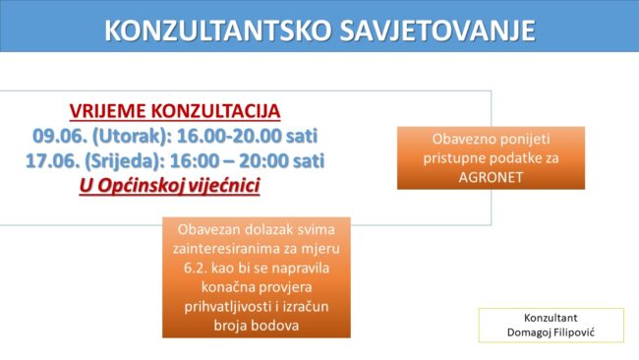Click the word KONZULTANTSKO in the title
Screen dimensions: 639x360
click(217, 30)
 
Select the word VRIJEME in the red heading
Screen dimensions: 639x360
click(107, 111)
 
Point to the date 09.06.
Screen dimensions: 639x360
click(60, 136)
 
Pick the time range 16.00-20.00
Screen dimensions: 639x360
click(229, 136)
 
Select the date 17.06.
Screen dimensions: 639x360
click(52, 160)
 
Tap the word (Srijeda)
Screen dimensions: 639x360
click(124, 161)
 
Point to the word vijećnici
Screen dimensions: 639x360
click(224, 186)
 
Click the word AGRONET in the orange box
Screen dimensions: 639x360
click(491, 177)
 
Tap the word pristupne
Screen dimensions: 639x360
click(453, 158)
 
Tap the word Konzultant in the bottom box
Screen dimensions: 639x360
click(551, 318)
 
